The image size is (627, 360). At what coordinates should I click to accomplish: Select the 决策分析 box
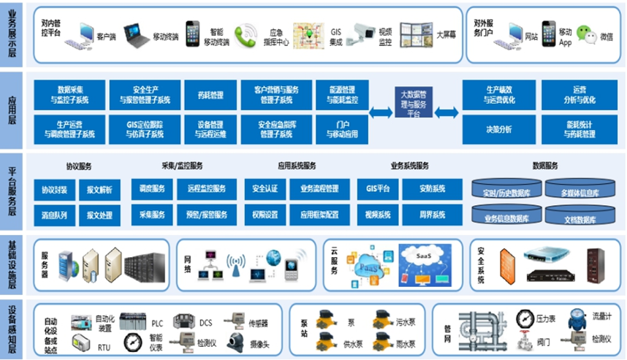pos(498,129)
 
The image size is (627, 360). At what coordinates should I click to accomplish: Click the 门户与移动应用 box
pos(342,129)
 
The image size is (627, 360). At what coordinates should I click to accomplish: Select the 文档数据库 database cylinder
pos(579,216)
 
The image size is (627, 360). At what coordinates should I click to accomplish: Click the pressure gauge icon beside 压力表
pos(524,318)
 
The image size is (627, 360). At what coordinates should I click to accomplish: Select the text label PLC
pos(157,323)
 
